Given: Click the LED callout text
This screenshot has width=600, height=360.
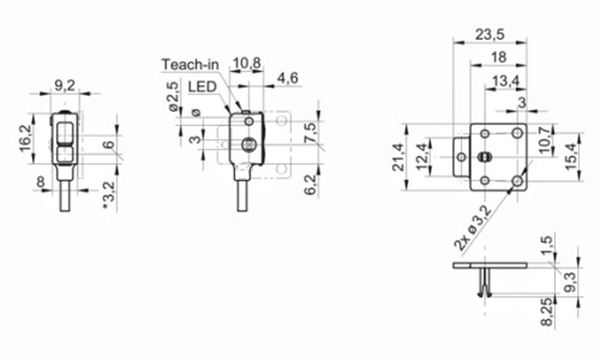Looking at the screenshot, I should click(x=204, y=86).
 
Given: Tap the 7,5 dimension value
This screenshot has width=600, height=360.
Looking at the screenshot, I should click(x=311, y=133).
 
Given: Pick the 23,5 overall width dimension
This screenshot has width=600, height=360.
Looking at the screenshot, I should click(x=489, y=35).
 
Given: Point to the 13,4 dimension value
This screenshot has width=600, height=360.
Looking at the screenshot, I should click(x=504, y=80).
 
